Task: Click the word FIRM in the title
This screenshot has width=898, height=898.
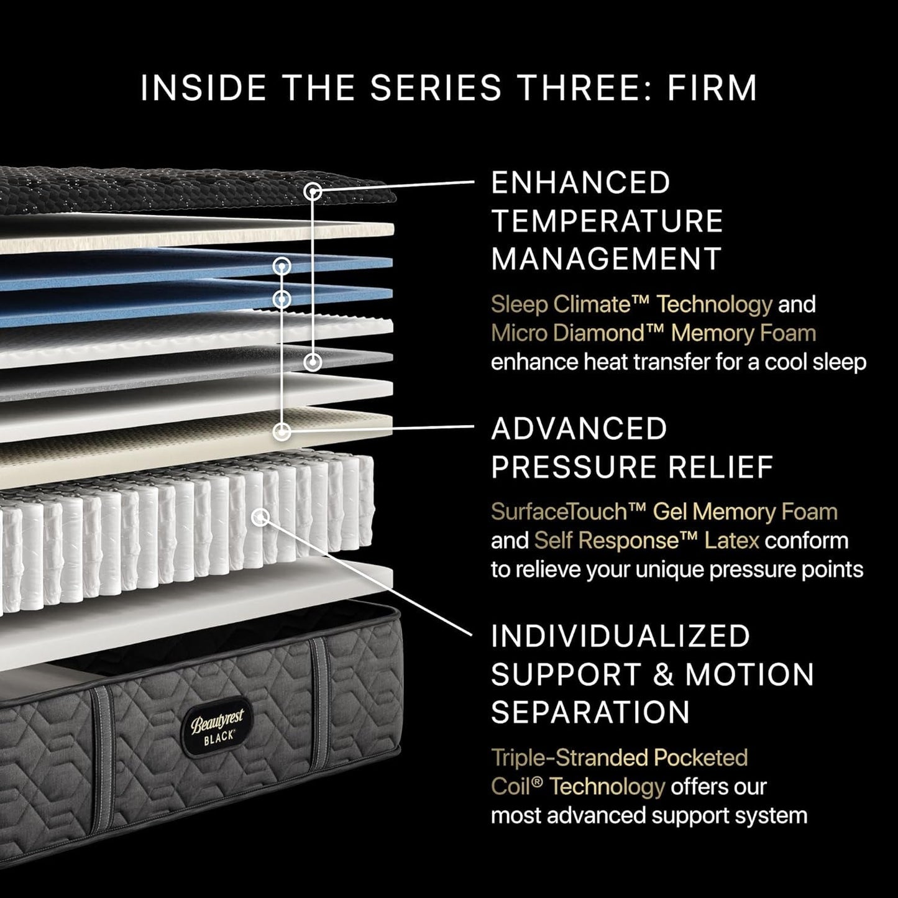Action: point(712,88)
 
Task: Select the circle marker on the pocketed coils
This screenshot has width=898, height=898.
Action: point(262,516)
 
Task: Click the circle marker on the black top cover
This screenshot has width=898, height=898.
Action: point(314,192)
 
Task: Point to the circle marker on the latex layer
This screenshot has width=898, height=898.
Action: point(282,431)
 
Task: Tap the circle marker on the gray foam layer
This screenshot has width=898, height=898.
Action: point(313,361)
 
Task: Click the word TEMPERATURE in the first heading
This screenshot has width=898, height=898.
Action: point(607,221)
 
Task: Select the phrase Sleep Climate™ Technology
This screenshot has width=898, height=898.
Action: point(631,305)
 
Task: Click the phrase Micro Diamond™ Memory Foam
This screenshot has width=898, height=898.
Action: point(653,334)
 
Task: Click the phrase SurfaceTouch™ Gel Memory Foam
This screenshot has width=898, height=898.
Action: point(664,512)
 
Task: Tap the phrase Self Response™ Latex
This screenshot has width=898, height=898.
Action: point(646,541)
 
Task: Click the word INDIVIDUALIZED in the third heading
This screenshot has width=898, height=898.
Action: point(620,636)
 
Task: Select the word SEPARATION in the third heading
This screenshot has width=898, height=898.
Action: point(590,712)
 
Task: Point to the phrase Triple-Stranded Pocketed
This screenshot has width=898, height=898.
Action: point(619,758)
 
